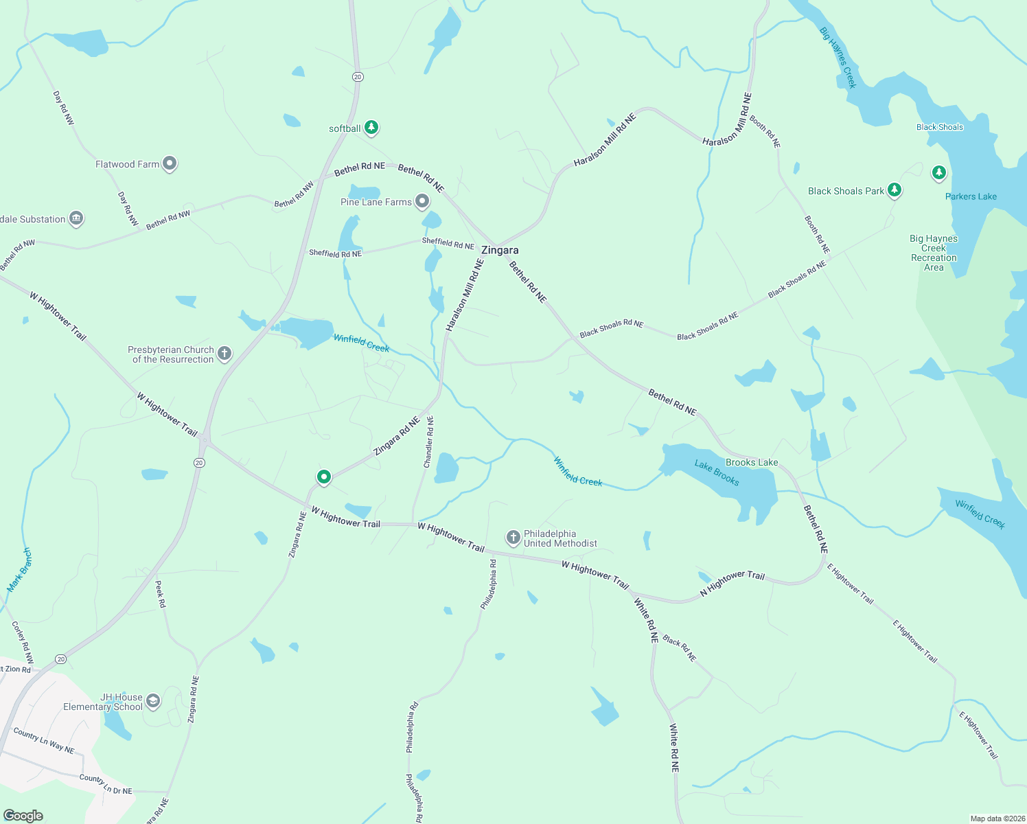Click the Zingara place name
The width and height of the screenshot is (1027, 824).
[500, 251]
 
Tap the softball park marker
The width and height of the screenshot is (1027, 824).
[371, 127]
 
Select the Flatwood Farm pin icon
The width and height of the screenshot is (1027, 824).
[170, 163]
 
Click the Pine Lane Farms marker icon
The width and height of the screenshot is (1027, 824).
[422, 201]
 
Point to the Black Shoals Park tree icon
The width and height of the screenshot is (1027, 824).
[894, 190]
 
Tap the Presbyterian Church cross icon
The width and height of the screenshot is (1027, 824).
[224, 354]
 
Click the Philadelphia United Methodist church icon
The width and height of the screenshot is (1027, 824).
[513, 537]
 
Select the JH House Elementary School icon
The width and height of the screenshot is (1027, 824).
[153, 700]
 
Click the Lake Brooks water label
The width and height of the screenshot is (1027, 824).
[717, 473]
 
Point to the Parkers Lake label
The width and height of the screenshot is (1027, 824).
[971, 196]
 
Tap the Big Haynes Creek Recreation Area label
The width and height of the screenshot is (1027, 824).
[934, 253]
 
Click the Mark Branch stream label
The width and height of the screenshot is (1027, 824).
[19, 570]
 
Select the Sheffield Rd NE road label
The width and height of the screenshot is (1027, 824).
[335, 253]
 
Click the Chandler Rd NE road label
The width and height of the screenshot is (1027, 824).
[429, 442]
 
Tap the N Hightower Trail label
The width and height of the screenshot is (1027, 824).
[732, 583]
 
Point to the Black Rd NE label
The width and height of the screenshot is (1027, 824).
[680, 648]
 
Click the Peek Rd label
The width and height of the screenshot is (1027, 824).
[160, 594]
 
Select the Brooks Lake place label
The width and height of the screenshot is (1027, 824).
[752, 462]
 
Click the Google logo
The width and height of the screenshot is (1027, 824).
[23, 816]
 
